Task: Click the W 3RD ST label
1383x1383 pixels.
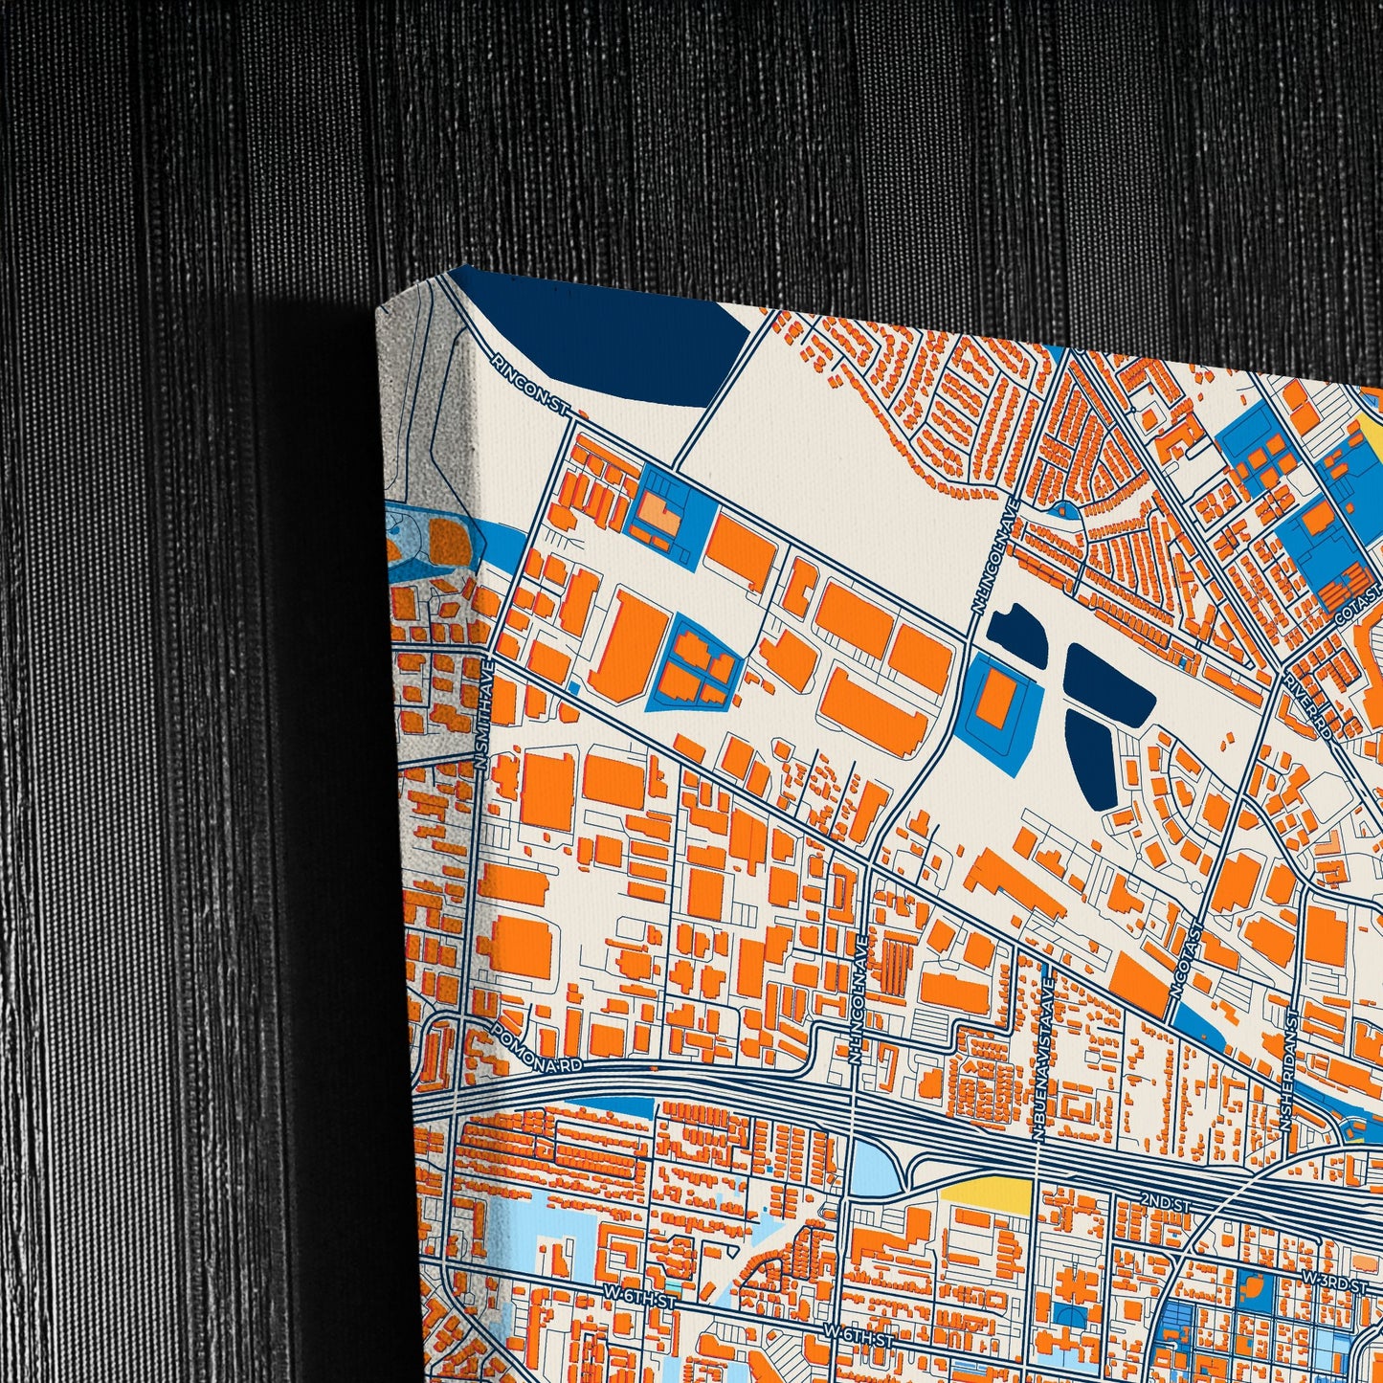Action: [x=1332, y=1282]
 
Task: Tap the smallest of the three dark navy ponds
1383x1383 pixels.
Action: [x=1014, y=635]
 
